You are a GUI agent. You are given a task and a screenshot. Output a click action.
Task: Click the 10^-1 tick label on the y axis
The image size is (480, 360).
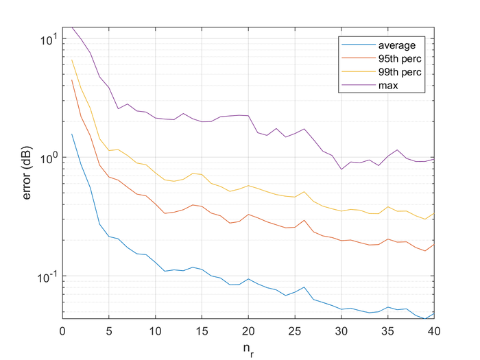point(48,275)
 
